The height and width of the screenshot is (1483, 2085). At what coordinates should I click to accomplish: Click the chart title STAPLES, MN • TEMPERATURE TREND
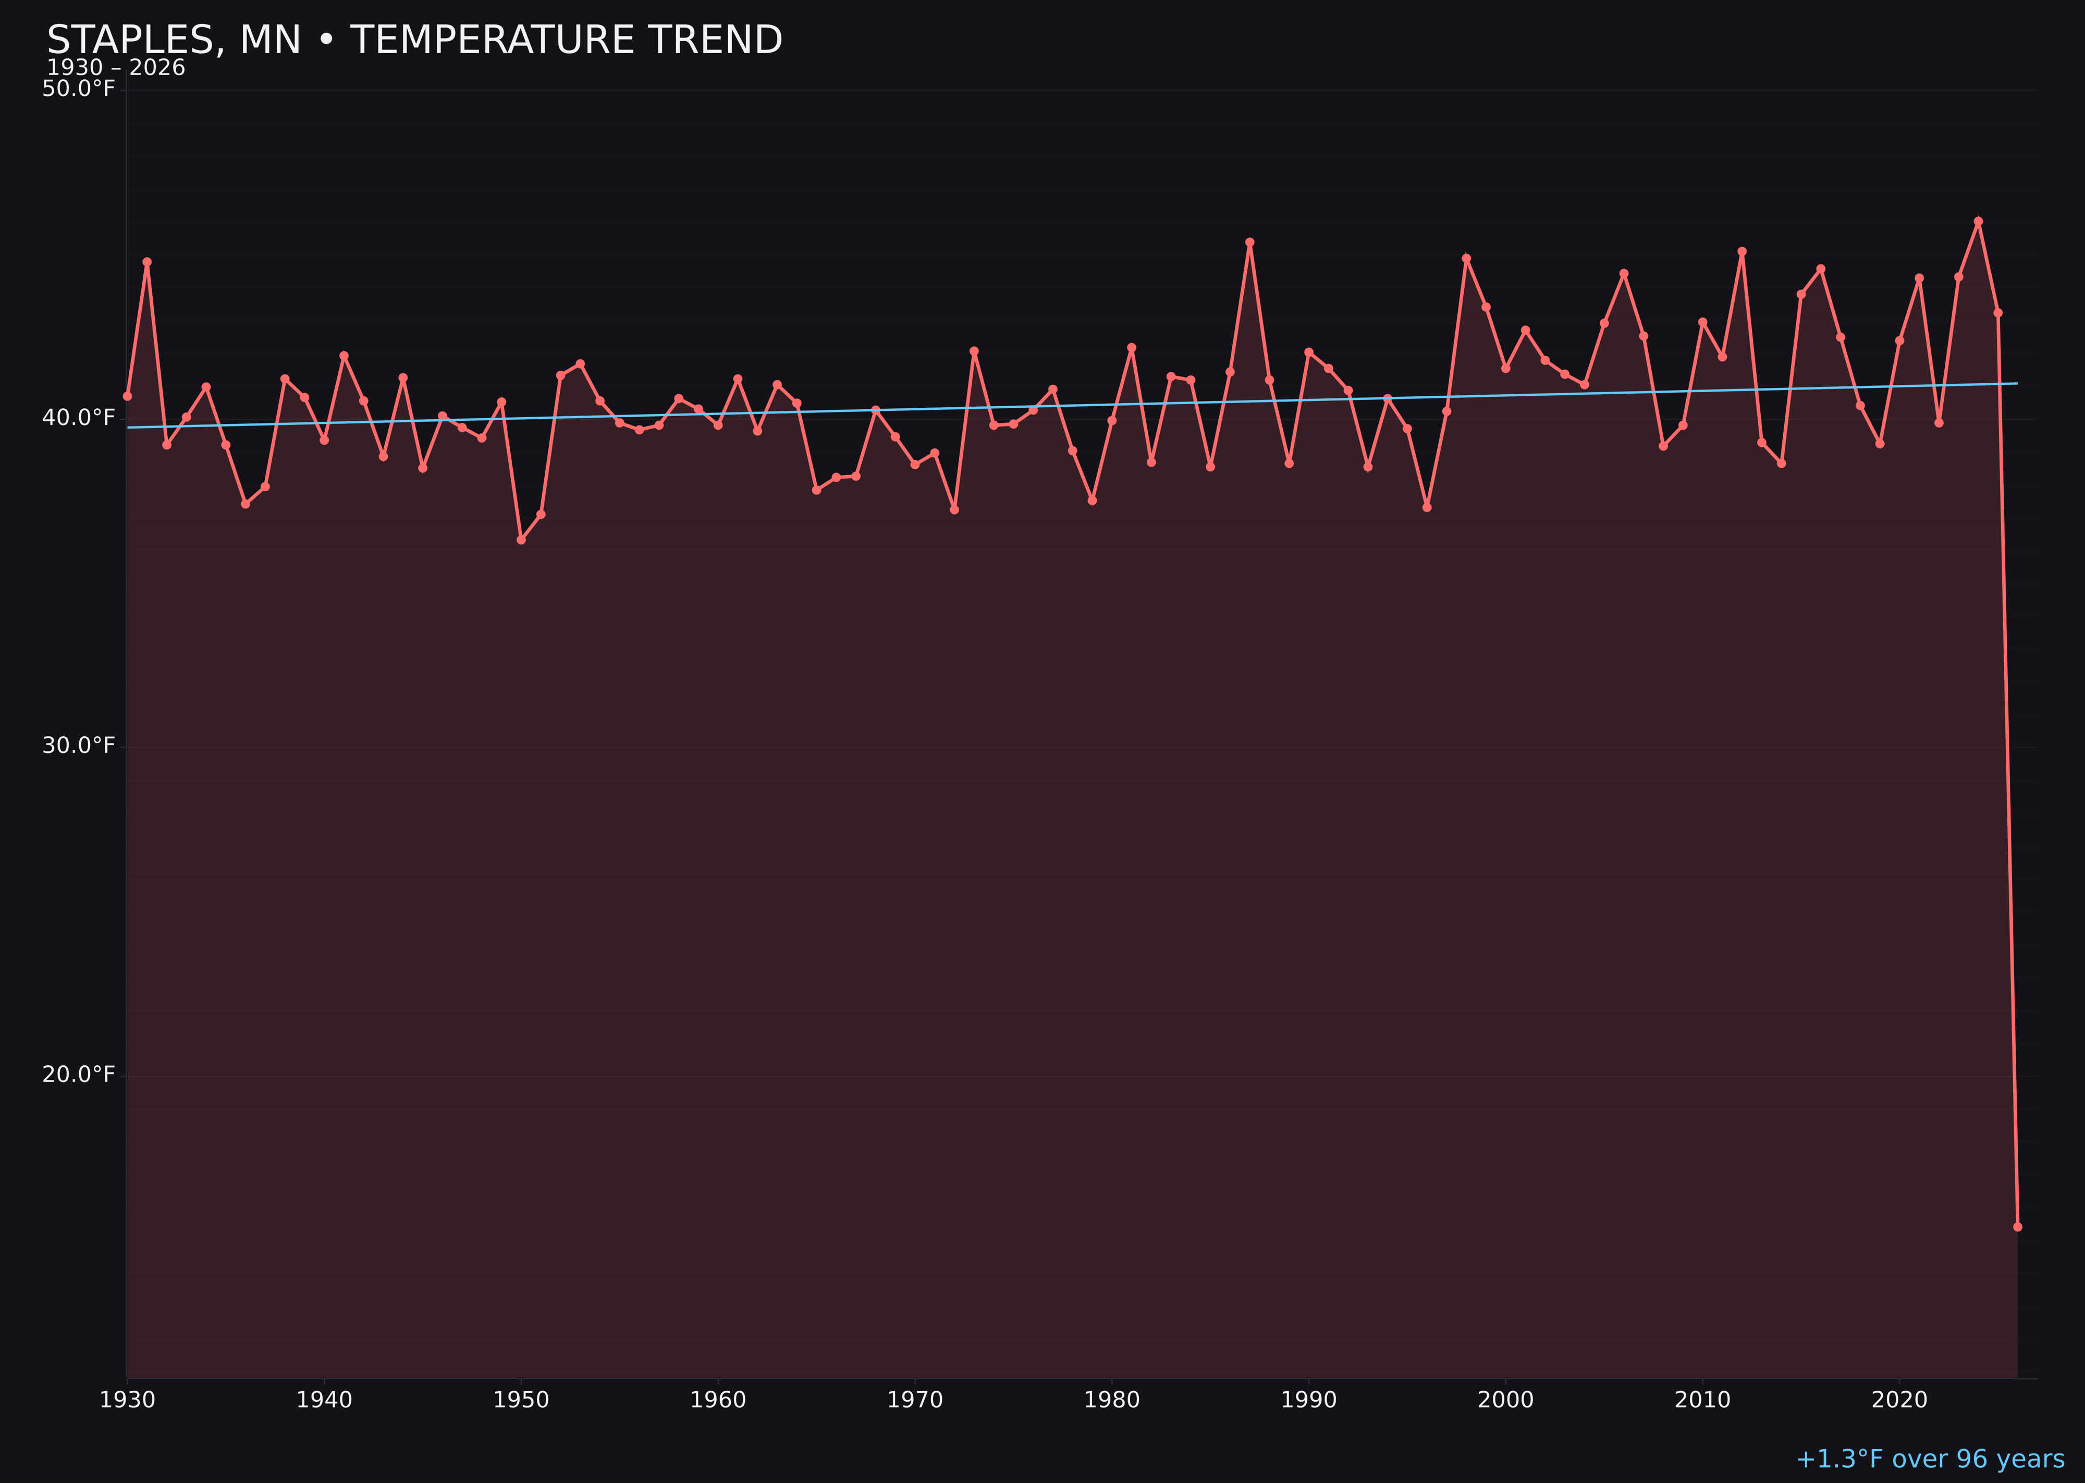click(414, 40)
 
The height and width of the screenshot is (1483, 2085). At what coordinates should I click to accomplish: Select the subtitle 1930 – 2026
click(116, 68)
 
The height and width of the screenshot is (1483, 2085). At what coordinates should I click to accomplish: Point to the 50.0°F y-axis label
click(79, 89)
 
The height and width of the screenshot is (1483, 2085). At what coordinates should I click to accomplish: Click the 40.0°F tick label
click(79, 417)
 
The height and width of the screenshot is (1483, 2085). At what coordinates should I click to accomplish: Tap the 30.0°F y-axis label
click(79, 746)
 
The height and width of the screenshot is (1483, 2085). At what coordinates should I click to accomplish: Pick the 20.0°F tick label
click(79, 1075)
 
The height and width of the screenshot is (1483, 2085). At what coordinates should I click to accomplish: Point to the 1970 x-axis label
click(915, 1400)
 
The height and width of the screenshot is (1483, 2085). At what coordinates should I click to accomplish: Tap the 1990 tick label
click(1308, 1400)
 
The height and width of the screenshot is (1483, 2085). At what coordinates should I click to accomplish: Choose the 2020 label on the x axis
click(1899, 1400)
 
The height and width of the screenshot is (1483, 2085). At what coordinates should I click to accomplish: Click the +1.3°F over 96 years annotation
click(1930, 1459)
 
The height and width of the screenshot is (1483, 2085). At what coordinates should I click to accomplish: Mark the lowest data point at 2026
click(2017, 1226)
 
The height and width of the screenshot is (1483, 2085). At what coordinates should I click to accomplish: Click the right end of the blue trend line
click(2017, 384)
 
